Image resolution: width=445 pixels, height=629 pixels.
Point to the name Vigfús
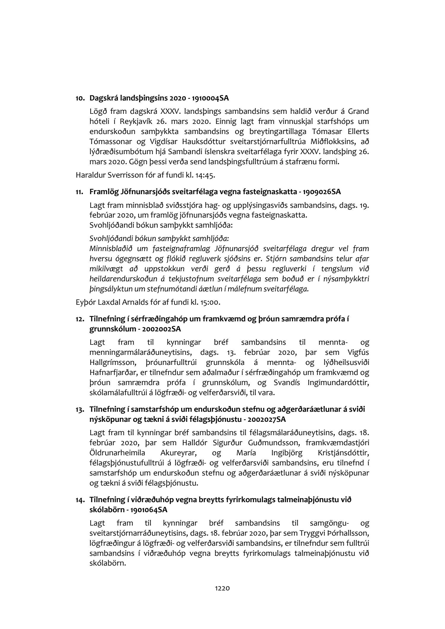pyautogui.click(x=358, y=352)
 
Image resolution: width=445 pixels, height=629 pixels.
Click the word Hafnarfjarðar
pyautogui.click(x=110, y=373)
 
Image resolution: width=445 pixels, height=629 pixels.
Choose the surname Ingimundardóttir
pyautogui.click(x=334, y=383)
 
